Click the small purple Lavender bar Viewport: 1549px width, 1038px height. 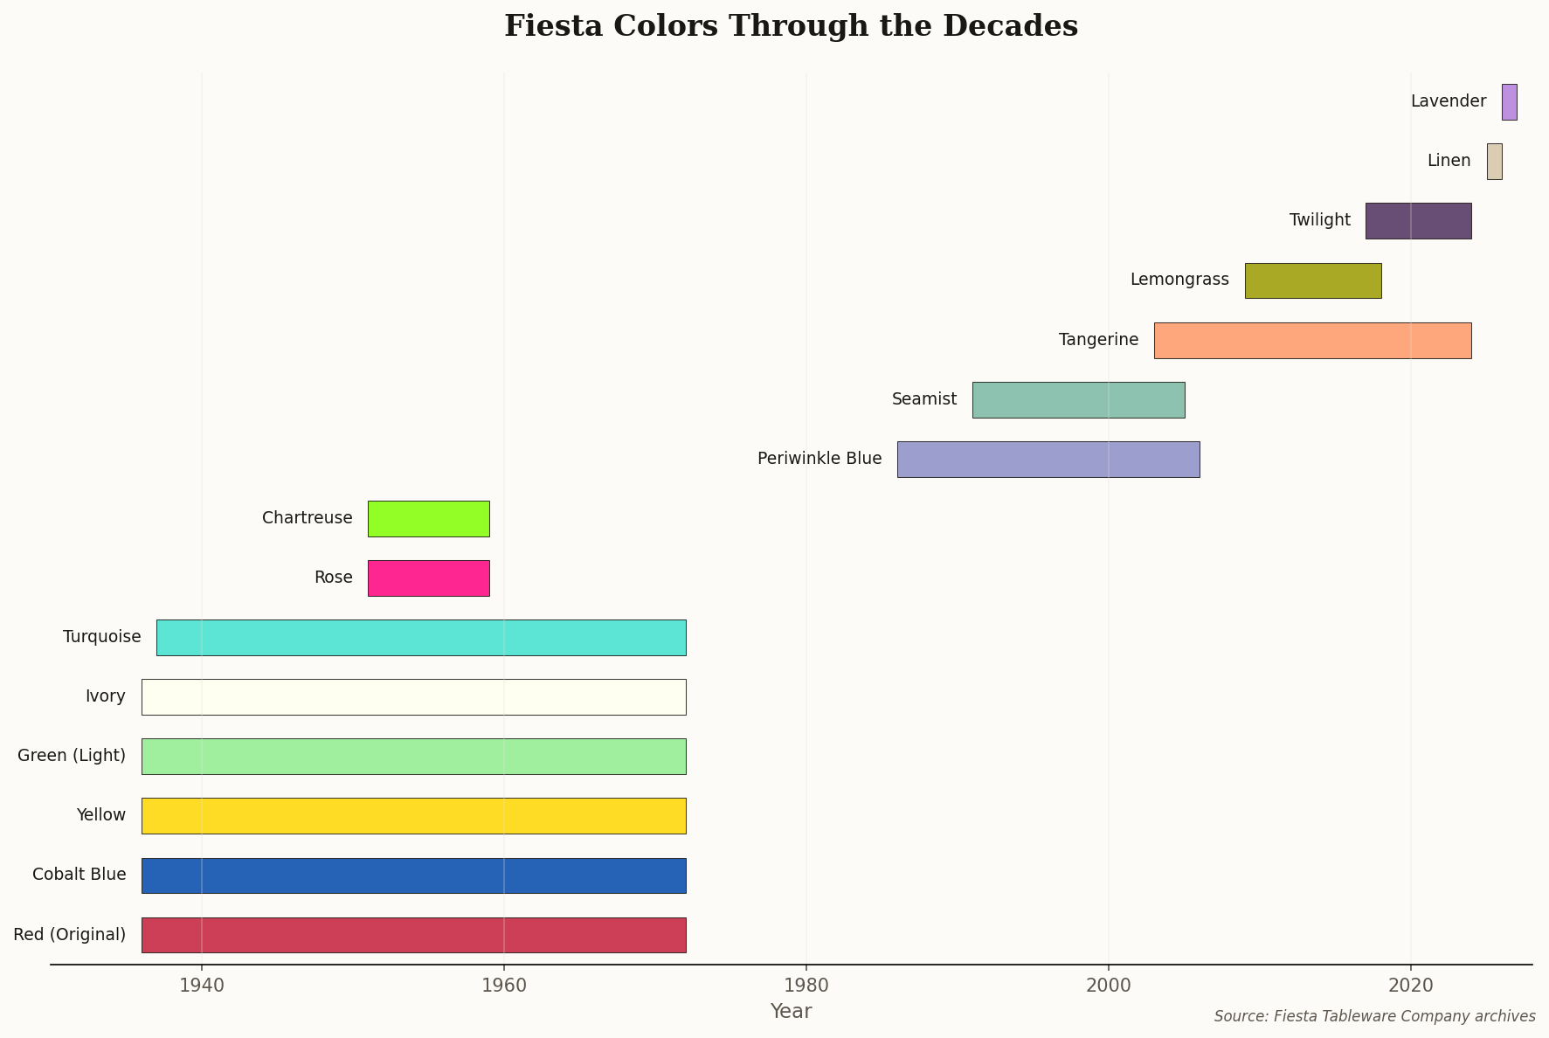coord(1509,102)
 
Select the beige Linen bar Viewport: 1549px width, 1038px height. coord(1494,162)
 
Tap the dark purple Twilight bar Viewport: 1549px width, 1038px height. coord(1418,221)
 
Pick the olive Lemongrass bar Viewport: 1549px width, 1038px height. coord(1312,280)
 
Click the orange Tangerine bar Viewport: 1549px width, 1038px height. coord(1312,340)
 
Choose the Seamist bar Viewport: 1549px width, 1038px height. coord(1078,399)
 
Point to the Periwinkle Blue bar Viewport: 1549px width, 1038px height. coord(1048,459)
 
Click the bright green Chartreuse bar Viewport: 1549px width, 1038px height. coord(428,518)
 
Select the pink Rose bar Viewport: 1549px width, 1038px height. coord(428,578)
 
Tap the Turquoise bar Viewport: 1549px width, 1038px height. coord(421,637)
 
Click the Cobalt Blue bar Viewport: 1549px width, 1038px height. coord(413,875)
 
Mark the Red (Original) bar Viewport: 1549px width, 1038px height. coord(413,934)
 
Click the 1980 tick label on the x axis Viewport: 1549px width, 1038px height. coord(806,985)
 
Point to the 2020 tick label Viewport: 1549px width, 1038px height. coord(1410,985)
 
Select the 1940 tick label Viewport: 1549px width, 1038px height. coord(201,985)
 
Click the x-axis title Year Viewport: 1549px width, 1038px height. coord(791,1012)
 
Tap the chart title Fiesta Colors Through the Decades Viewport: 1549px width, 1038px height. coord(791,26)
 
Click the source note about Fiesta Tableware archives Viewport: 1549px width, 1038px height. coord(1374,1016)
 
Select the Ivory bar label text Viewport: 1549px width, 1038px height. coord(106,696)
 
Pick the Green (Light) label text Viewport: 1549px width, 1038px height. coord(72,756)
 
